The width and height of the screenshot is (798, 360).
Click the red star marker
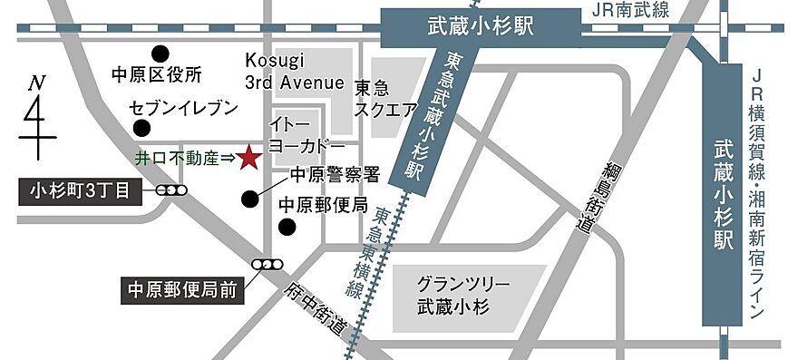(249, 159)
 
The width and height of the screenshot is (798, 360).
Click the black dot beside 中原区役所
(160, 53)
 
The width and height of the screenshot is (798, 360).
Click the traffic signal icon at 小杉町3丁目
(171, 190)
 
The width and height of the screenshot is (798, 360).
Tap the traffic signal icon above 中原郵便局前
(268, 265)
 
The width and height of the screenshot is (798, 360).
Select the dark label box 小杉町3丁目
(80, 190)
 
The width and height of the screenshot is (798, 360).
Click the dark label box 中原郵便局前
(182, 292)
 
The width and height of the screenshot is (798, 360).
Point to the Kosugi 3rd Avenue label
(295, 72)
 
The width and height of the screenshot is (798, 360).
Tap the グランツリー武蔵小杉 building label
(464, 294)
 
